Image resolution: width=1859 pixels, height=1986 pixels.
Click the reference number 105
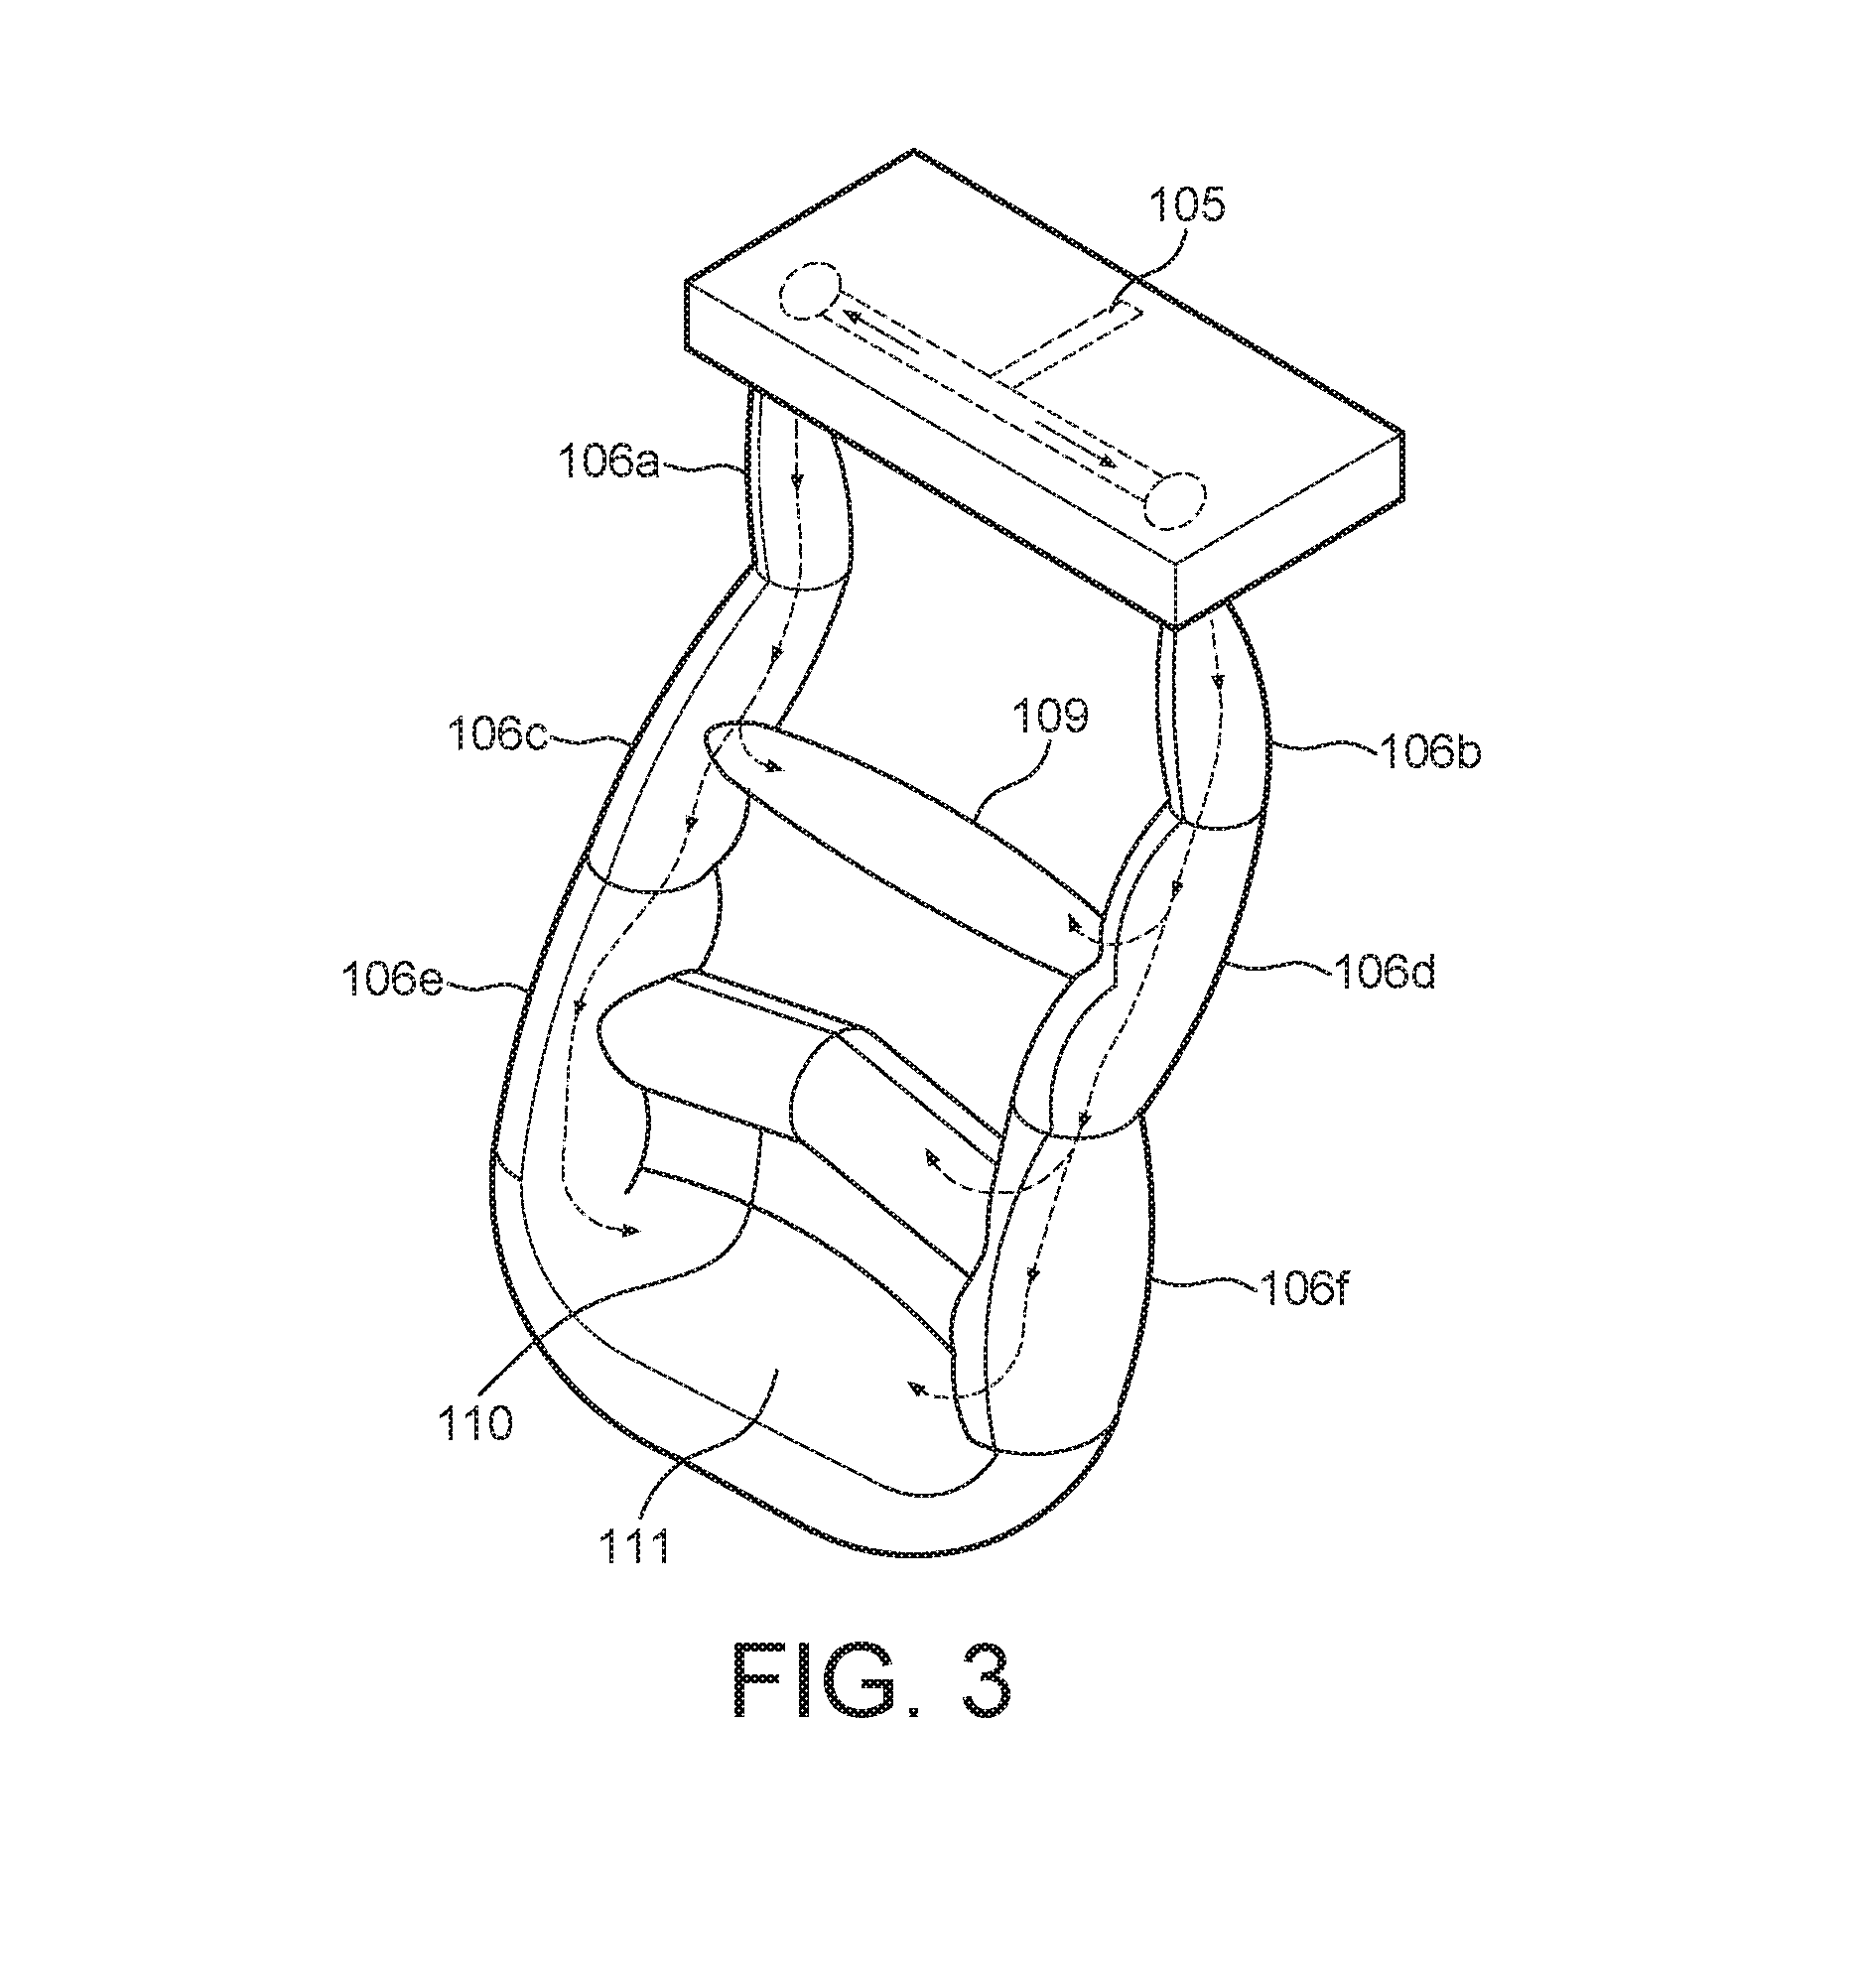tap(1187, 205)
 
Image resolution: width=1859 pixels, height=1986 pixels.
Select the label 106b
tap(1429, 751)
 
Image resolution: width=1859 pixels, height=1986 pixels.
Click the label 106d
tap(1384, 971)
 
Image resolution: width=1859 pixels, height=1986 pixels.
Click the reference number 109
tap(1051, 716)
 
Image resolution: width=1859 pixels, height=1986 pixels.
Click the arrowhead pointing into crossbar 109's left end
tap(771, 767)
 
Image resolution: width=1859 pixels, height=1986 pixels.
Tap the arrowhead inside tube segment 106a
tap(796, 480)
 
